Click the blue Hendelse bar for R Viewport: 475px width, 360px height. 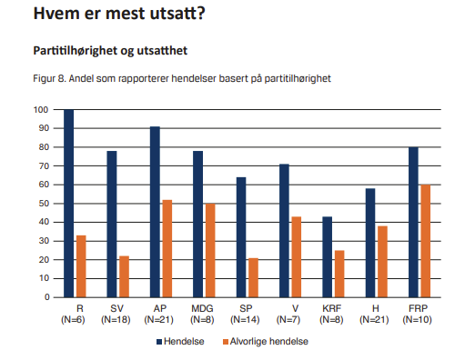tap(68, 204)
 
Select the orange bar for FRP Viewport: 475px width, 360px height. tap(426, 241)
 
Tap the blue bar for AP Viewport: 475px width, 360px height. tap(155, 212)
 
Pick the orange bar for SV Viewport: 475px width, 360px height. tap(124, 276)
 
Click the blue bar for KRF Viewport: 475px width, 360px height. tap(328, 257)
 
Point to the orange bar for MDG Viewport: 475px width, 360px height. tap(210, 250)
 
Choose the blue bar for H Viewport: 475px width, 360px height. tap(370, 243)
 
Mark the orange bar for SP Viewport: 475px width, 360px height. tap(253, 277)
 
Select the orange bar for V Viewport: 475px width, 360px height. tap(297, 257)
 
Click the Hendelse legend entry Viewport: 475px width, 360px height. tap(180, 342)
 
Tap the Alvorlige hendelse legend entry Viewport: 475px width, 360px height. tap(266, 342)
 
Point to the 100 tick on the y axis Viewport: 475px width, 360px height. tap(41, 110)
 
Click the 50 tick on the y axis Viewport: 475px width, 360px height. tap(44, 204)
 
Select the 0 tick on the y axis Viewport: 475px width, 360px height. tap(47, 297)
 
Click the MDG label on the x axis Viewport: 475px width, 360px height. tap(202, 308)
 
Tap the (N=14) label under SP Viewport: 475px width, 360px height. tap(245, 319)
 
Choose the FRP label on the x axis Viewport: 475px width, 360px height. tap(418, 308)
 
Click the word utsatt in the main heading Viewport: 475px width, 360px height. tap(174, 14)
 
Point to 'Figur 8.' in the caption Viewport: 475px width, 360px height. tap(49, 78)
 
